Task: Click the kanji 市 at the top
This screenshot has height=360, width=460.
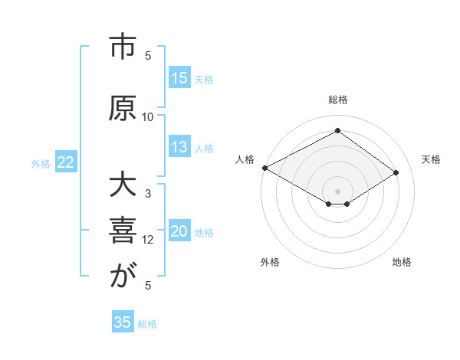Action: [x=122, y=47]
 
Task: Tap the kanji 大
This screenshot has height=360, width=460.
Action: [x=122, y=188]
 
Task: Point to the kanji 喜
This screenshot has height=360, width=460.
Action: [x=122, y=231]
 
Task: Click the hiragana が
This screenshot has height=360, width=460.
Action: [x=122, y=277]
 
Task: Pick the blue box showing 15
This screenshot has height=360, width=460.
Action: [x=179, y=78]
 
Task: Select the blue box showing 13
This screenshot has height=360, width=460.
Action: [x=179, y=148]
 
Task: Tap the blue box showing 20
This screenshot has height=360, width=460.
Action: [x=179, y=232]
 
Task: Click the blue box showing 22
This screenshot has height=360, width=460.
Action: [x=66, y=162]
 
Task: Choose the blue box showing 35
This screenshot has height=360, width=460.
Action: [x=123, y=322]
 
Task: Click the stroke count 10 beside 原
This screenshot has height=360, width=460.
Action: [x=148, y=116]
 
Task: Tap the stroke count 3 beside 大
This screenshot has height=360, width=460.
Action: [x=148, y=194]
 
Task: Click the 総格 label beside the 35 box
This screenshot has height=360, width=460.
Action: [x=147, y=323]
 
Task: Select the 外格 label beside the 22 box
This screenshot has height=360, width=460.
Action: [x=41, y=163]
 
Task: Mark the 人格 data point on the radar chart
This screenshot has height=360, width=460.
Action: [x=264, y=168]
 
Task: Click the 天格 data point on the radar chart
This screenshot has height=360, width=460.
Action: [x=396, y=172]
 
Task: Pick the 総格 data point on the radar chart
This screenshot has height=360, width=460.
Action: [x=337, y=130]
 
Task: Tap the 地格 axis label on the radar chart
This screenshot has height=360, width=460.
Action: [x=402, y=262]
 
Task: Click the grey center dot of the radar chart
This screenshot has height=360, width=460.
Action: [x=337, y=190]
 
